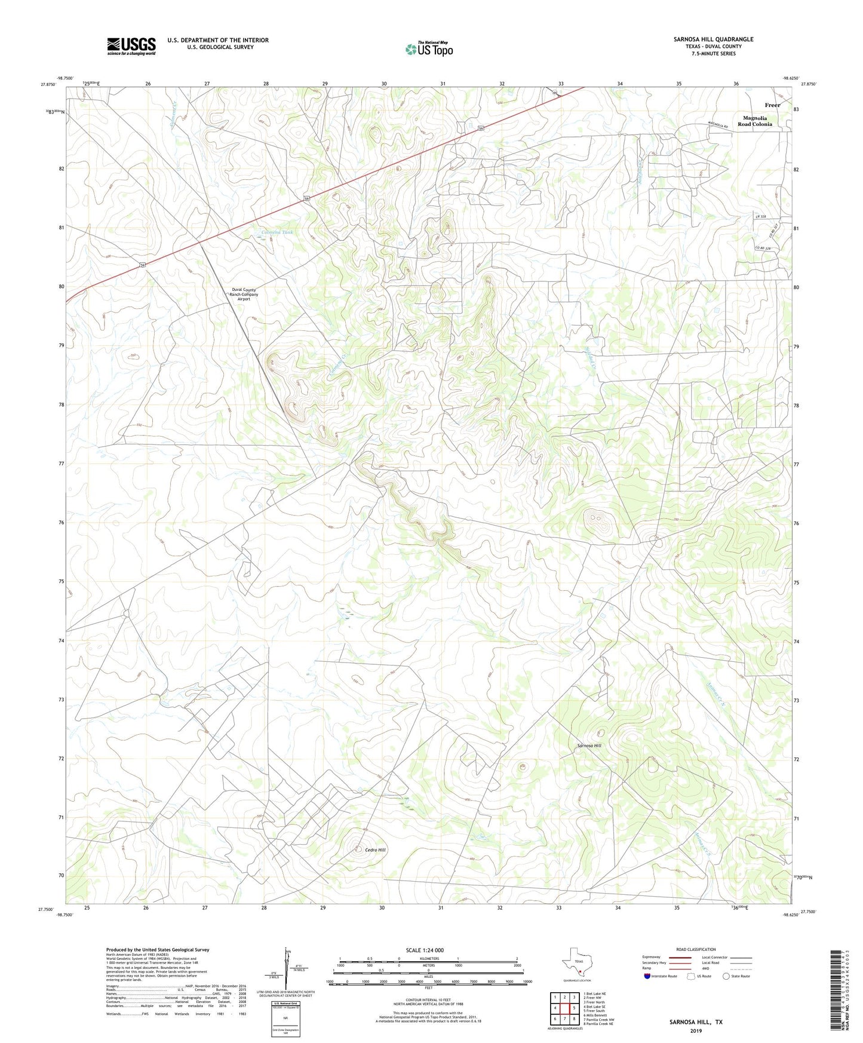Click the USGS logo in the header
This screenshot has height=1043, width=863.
point(131,46)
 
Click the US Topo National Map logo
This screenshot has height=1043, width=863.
point(428,49)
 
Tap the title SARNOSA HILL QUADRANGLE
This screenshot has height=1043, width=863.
point(713,39)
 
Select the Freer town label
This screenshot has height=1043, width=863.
point(772,105)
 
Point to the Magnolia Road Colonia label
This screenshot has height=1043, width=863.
point(754,121)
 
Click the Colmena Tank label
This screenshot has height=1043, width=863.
point(278,232)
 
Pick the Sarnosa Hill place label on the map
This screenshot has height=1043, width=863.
point(589,746)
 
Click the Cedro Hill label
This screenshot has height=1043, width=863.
point(376,849)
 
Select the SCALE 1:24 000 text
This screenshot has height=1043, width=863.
point(424,950)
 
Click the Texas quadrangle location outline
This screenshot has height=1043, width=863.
point(576,965)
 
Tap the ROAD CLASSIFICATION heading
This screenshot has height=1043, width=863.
point(696,949)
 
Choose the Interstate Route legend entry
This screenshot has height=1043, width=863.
point(661,976)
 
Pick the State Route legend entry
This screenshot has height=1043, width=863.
point(736,976)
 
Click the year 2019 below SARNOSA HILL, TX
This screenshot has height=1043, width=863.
point(696,1030)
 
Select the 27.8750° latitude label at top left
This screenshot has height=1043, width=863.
point(47,85)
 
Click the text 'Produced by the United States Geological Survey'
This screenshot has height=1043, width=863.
point(158,949)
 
